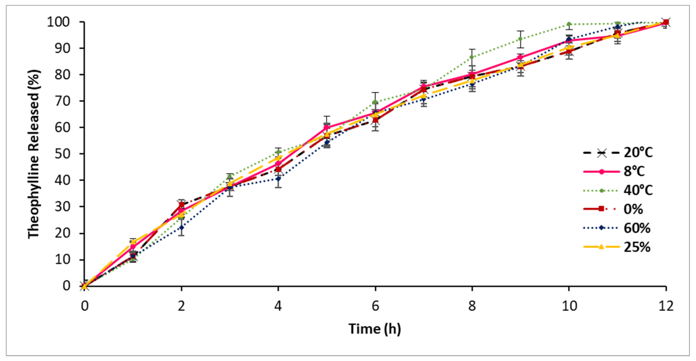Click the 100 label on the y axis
tap(58, 22)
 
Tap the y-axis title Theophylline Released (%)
tap(34, 154)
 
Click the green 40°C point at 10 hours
tap(569, 24)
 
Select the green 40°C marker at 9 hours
tap(520, 39)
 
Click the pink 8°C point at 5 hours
tap(327, 127)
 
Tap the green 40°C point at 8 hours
tap(472, 57)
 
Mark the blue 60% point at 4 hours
tap(278, 178)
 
